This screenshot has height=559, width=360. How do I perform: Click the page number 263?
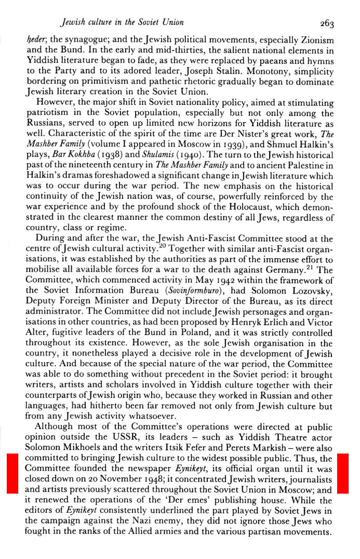[326, 22]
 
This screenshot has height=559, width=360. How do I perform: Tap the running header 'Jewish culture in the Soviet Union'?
[122, 22]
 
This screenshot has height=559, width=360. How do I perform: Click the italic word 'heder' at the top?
[35, 40]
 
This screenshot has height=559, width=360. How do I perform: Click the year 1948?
[133, 473]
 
